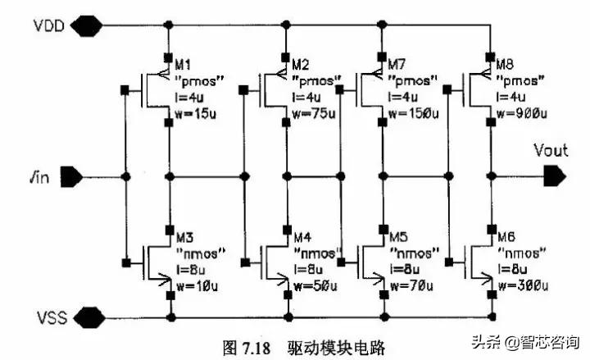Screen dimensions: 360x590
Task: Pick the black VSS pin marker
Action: (x=85, y=316)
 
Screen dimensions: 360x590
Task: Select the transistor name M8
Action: (x=506, y=63)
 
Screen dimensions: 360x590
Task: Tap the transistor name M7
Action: (x=402, y=63)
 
